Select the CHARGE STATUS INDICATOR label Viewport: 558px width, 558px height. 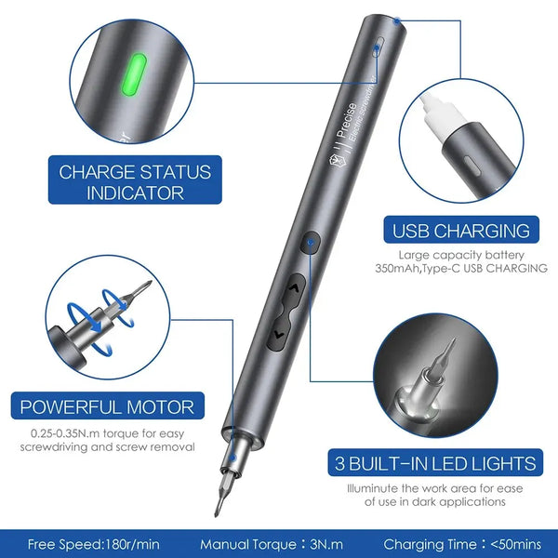(136, 182)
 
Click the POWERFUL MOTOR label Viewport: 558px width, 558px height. (108, 406)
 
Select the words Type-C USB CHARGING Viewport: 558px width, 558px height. (496, 269)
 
